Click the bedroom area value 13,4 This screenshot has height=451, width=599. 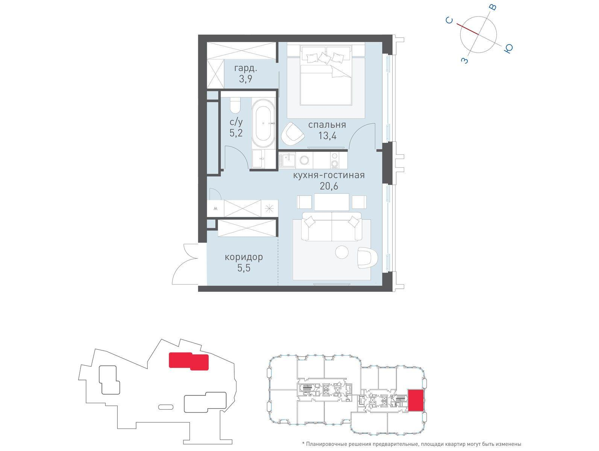click(x=327, y=135)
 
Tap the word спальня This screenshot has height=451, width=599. click(x=327, y=125)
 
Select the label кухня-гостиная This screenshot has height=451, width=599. click(x=329, y=175)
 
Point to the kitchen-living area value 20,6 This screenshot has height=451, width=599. click(x=329, y=186)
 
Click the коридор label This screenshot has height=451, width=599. click(x=244, y=257)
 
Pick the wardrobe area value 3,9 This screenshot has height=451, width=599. click(x=246, y=79)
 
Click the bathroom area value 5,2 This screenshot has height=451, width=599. click(x=236, y=133)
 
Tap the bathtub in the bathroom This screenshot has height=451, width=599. click(x=263, y=123)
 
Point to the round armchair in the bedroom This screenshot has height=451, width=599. click(x=292, y=135)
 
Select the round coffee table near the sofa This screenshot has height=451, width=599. click(x=342, y=252)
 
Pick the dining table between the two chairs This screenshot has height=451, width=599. click(x=332, y=202)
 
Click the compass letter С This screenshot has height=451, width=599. click(x=449, y=20)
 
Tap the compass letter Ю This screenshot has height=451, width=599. click(x=508, y=48)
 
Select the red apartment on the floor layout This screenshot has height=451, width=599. click(x=416, y=400)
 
